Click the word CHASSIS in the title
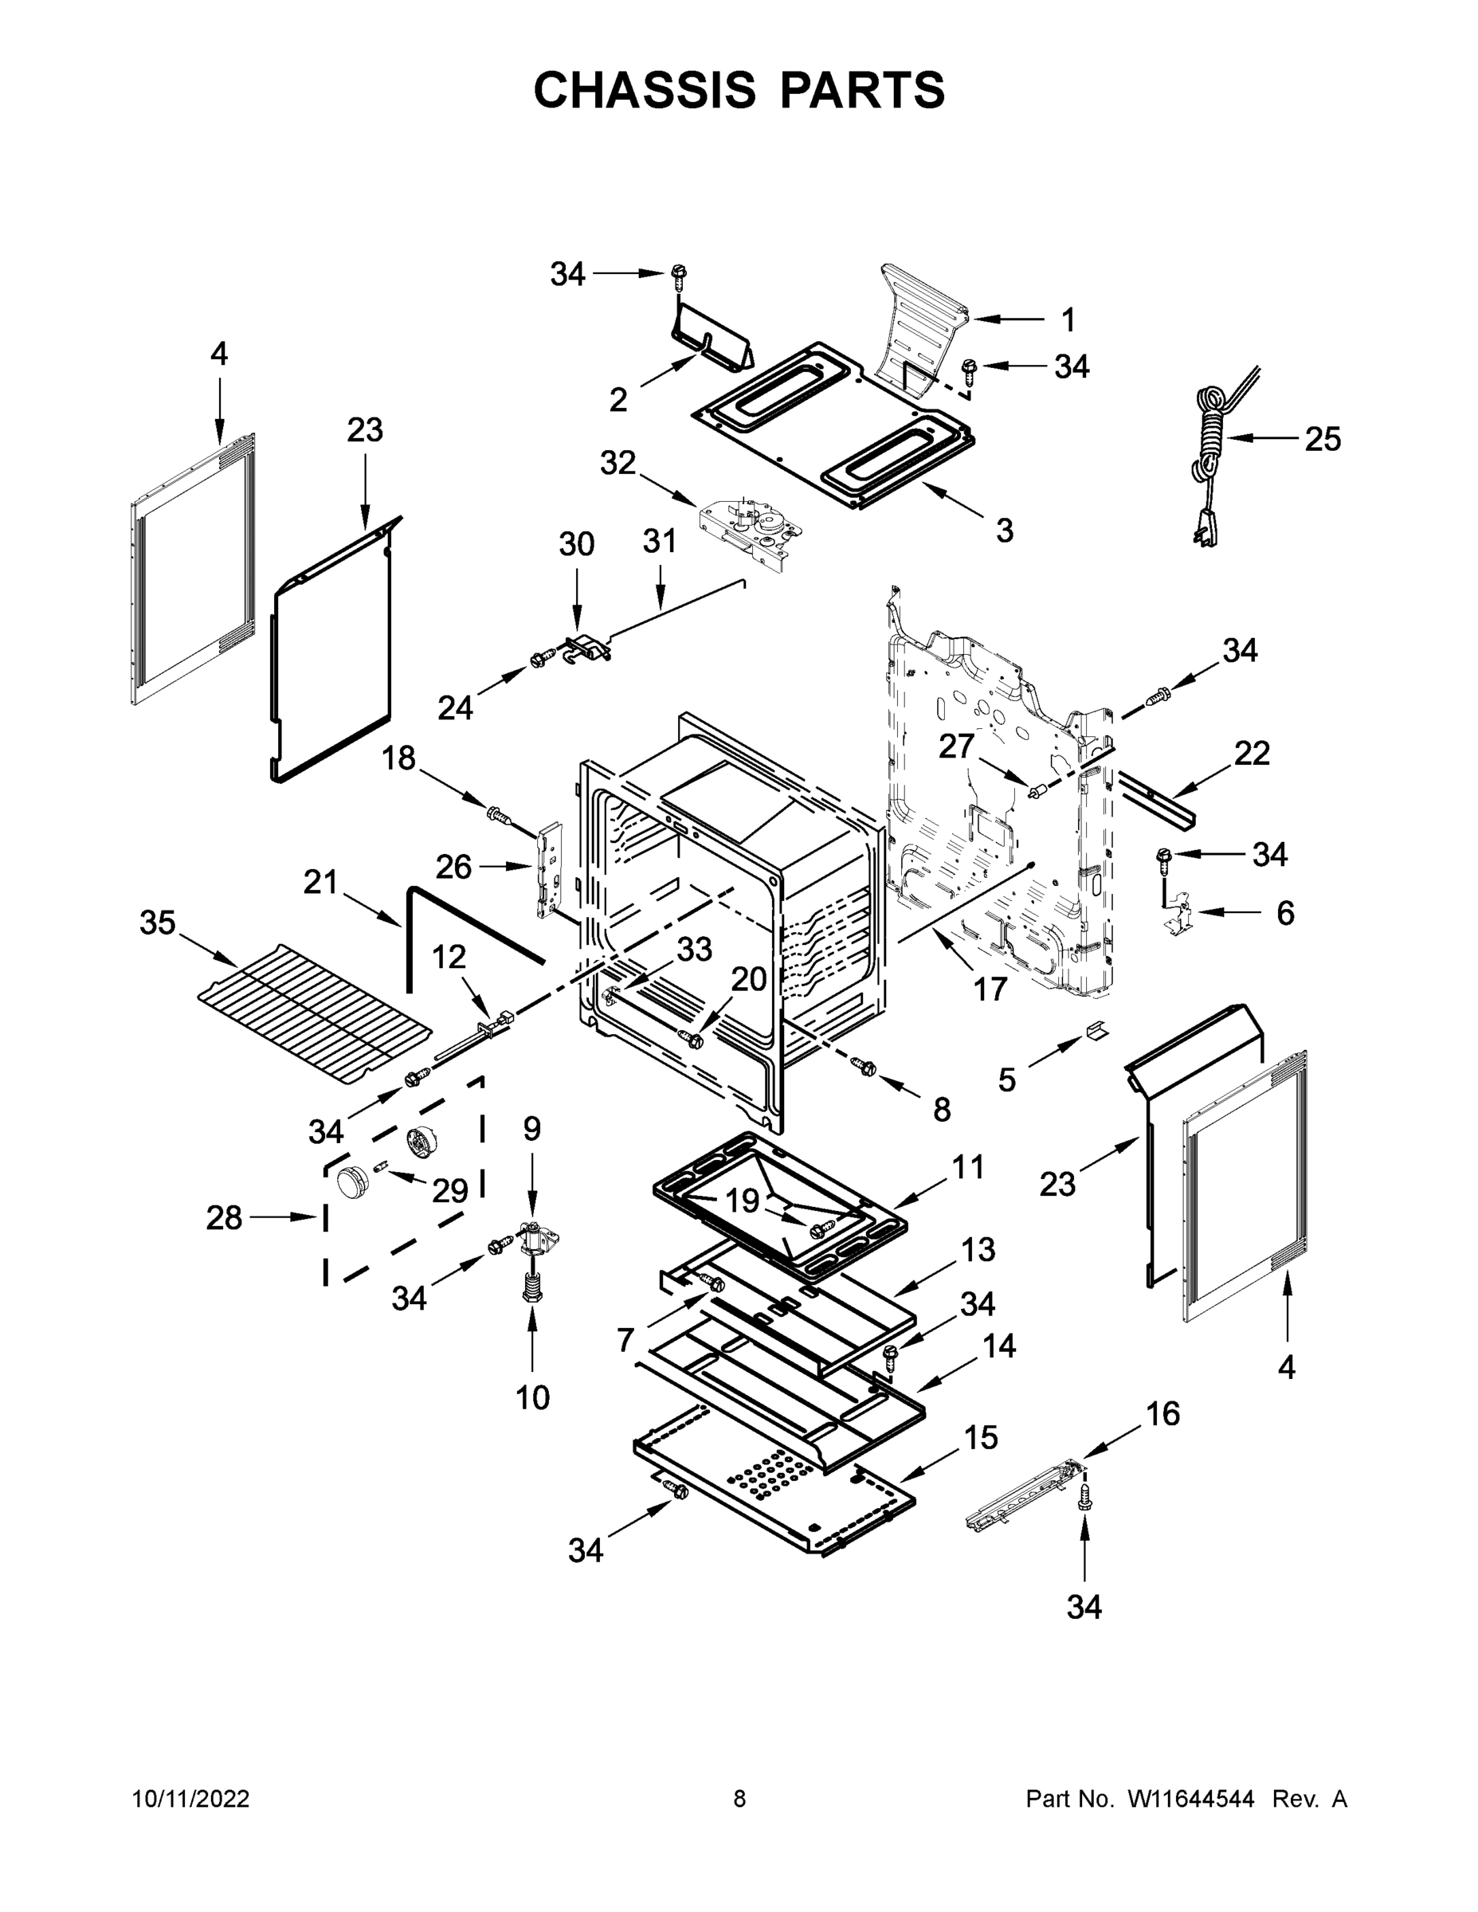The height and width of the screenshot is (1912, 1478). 645,90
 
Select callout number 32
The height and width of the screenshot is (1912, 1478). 617,463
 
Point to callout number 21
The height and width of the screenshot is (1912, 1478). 320,883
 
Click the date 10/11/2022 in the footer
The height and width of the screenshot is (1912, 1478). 191,1799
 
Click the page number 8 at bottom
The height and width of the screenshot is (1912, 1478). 739,1799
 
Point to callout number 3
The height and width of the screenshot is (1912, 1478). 1004,530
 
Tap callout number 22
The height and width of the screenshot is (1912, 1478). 1251,753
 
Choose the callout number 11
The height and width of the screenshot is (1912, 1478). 968,1167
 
